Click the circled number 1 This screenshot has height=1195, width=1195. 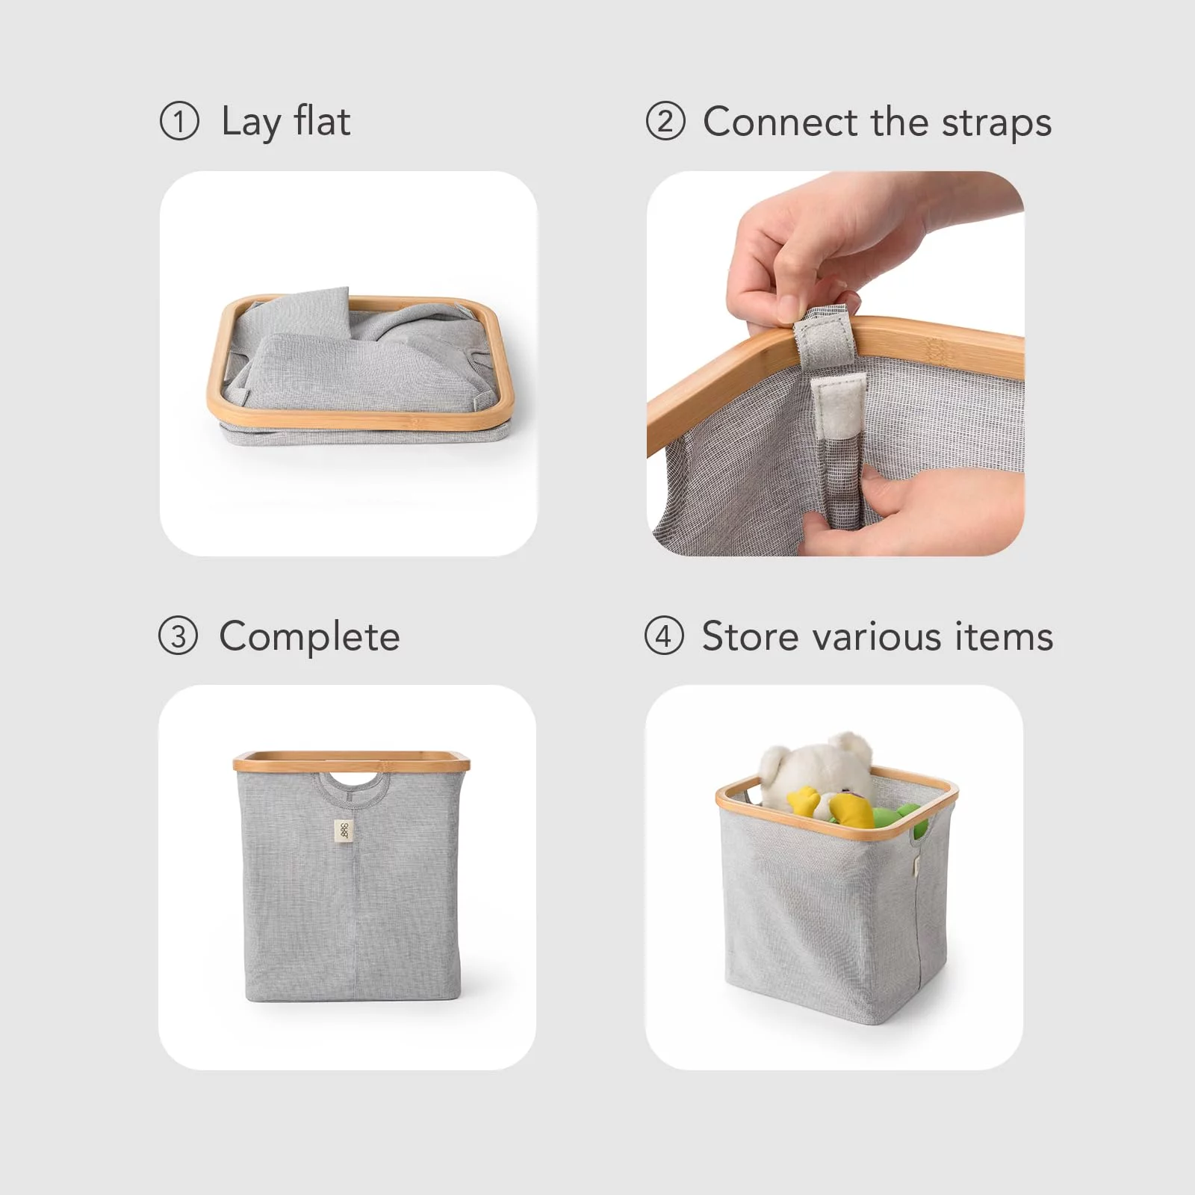pos(179,121)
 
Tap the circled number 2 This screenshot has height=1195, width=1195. pos(665,121)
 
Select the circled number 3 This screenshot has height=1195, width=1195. pos(179,636)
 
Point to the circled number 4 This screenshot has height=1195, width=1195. pos(664,636)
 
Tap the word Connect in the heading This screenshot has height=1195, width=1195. pos(780,121)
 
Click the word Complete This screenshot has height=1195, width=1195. pos(309,638)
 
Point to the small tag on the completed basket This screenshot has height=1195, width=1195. pos(344,831)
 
